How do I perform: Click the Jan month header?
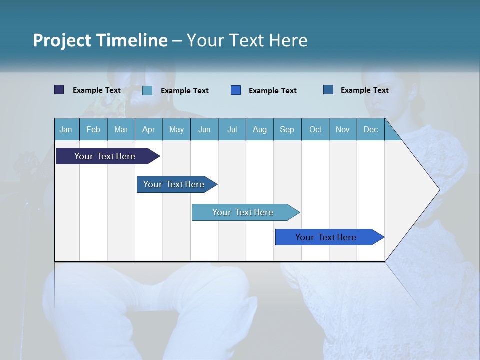tap(66, 129)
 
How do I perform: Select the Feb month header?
tap(93, 129)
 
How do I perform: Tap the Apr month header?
tap(148, 129)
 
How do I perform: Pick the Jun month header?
tap(204, 129)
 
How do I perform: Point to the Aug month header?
tap(259, 129)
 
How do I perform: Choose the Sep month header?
tap(287, 129)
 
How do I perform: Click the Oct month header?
tap(315, 129)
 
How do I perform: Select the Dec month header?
tap(370, 129)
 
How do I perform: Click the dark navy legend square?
tap(59, 90)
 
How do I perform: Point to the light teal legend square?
tap(147, 90)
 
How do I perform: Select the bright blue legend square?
tap(236, 90)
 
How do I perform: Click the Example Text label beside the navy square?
tap(97, 90)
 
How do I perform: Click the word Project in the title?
tap(62, 40)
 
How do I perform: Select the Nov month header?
tap(342, 129)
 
